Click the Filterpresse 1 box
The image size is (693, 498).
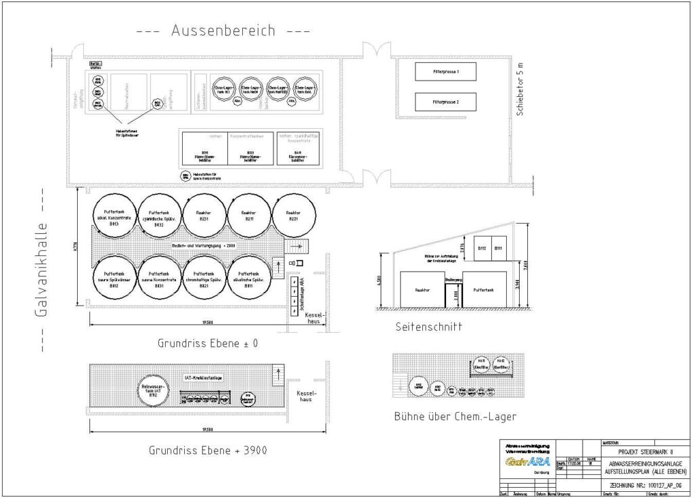coord(445,71)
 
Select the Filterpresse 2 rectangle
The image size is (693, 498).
coord(445,102)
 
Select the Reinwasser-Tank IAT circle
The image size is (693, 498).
coord(150,391)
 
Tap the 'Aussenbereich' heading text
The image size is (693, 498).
coord(223,30)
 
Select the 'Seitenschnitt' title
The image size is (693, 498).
coord(428,327)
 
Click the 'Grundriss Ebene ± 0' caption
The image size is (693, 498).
coord(208,344)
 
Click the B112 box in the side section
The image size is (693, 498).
coord(483,249)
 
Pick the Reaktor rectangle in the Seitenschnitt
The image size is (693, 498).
coord(422,289)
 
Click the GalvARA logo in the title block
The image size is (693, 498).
coord(527,461)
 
